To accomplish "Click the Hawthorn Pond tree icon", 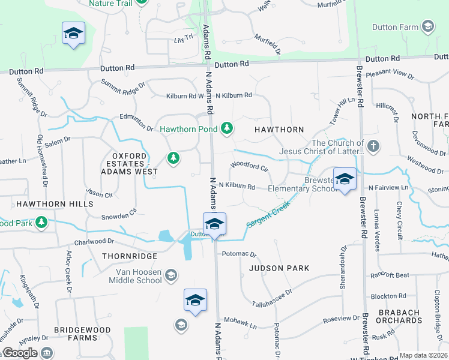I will click(x=226, y=128).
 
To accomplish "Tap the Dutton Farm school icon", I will click(x=427, y=26).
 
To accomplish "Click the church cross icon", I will click(x=373, y=146).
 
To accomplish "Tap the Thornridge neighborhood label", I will click(x=129, y=256).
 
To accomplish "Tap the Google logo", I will click(x=20, y=353).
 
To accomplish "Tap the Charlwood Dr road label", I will click(x=94, y=242).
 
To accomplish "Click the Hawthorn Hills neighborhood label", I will click(x=46, y=204).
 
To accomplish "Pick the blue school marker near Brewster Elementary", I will click(x=345, y=179).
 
